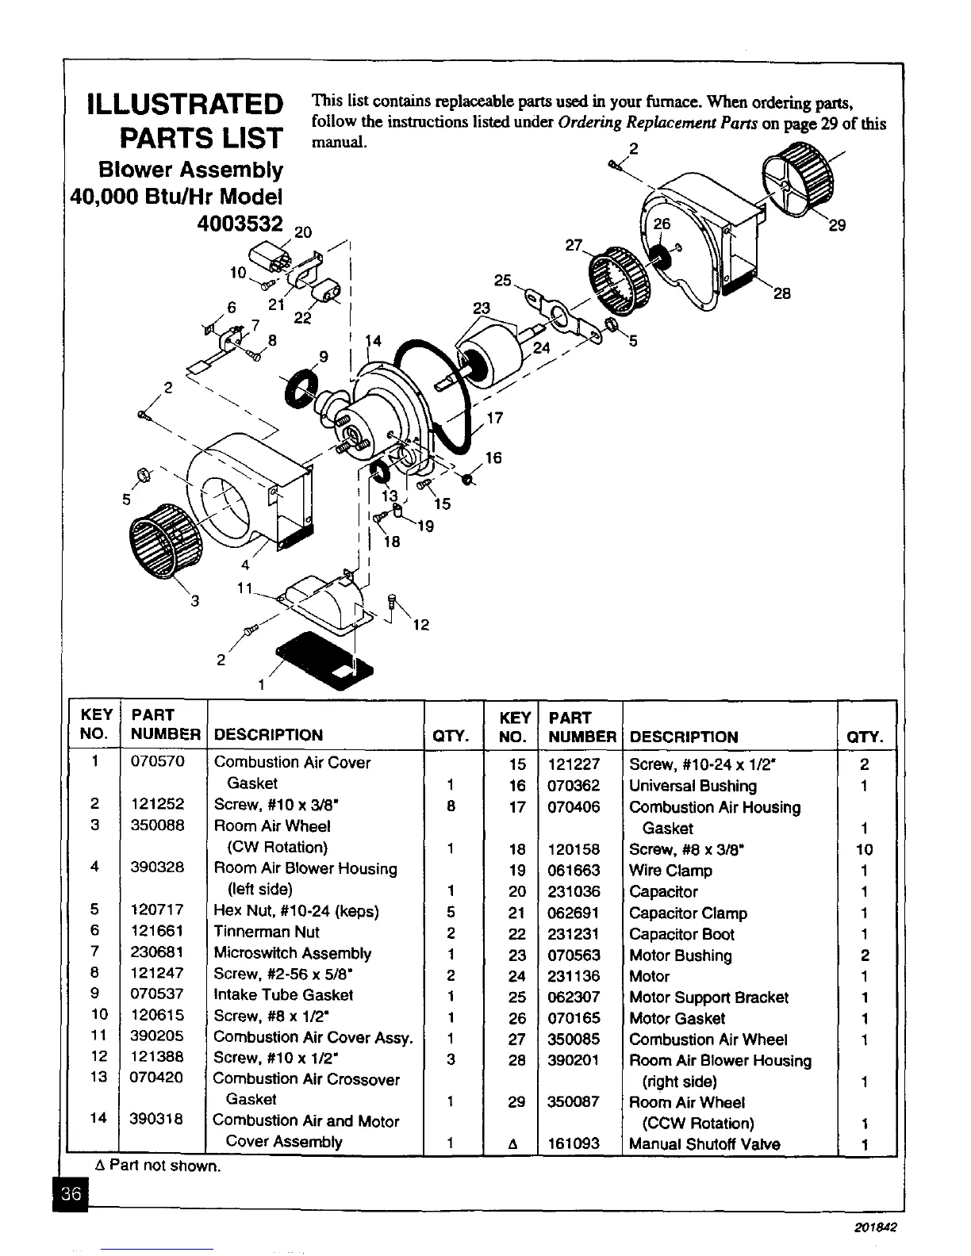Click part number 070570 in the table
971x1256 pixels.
pyautogui.click(x=157, y=762)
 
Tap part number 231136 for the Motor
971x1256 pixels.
pyautogui.click(x=574, y=976)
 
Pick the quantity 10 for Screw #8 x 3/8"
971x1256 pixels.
pyautogui.click(x=864, y=849)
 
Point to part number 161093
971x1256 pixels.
pyautogui.click(x=574, y=1143)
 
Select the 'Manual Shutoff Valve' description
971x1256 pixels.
pyautogui.click(x=704, y=1143)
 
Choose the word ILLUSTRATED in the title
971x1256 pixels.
pyautogui.click(x=186, y=104)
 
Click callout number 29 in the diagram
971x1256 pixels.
pyautogui.click(x=837, y=225)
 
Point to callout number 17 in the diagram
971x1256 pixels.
pyautogui.click(x=494, y=418)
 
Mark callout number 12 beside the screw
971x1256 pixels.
pyautogui.click(x=420, y=625)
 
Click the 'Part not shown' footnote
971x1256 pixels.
pyautogui.click(x=157, y=1166)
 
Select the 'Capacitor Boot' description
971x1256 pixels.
pyautogui.click(x=681, y=934)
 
